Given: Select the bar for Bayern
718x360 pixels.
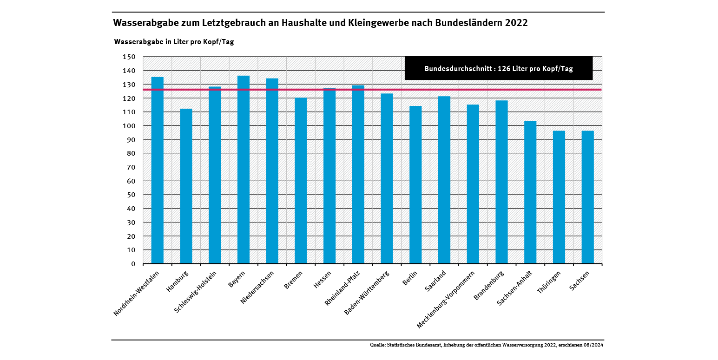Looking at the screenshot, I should click(244, 170).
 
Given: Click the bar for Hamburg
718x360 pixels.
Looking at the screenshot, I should click(186, 186).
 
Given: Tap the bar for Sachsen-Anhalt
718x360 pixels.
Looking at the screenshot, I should click(530, 192).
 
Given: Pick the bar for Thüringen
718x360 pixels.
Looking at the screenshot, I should click(559, 197).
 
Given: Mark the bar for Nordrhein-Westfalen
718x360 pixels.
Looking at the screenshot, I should click(158, 170).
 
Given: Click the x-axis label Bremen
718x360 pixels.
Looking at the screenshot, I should click(293, 280).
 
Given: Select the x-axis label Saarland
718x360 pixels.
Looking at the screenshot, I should click(435, 281).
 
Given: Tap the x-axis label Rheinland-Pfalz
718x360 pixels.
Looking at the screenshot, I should click(343, 288).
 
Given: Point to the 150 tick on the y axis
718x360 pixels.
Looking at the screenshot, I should click(129, 57).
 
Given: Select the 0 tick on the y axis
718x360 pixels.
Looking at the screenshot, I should click(133, 264).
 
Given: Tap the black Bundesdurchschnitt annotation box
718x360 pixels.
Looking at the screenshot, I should click(499, 68).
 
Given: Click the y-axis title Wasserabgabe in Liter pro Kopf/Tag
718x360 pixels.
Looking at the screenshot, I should click(174, 42).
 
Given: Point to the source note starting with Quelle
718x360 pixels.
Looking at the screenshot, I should click(487, 345).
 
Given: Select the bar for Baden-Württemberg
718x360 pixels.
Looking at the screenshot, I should click(387, 178).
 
